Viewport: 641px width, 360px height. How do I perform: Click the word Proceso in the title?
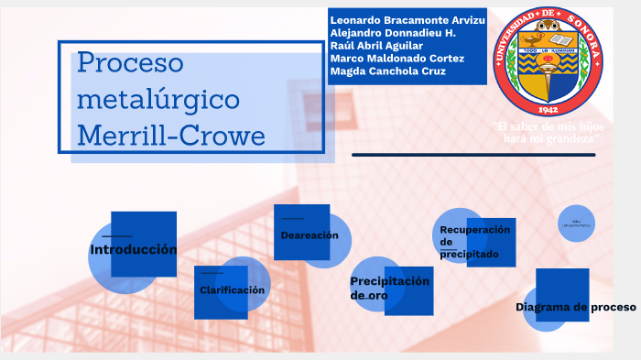[x=131, y=63]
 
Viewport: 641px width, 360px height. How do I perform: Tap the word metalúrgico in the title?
[x=158, y=99]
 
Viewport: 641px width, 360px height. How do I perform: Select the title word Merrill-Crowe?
[x=171, y=136]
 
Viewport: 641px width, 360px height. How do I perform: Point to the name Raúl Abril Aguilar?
[x=376, y=46]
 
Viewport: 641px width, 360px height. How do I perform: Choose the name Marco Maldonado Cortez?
[x=397, y=59]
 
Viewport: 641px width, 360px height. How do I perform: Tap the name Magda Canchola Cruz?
[x=387, y=71]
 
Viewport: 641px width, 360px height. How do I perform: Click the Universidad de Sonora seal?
[x=548, y=61]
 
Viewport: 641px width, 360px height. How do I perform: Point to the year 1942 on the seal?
[x=548, y=106]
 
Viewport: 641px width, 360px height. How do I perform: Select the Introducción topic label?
[x=133, y=249]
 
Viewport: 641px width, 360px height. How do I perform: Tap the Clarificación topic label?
[x=232, y=289]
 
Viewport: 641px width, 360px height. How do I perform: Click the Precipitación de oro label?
[x=389, y=288]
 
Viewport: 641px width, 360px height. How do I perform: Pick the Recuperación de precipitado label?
[x=474, y=242]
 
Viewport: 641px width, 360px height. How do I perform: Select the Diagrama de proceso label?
[x=575, y=307]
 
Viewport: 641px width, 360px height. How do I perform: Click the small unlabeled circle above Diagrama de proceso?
[x=577, y=223]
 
